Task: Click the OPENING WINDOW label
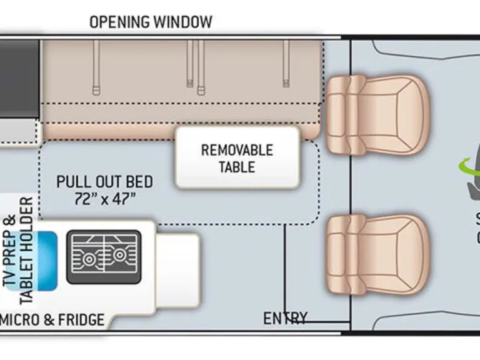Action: (x=151, y=22)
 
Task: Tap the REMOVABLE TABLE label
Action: (x=236, y=158)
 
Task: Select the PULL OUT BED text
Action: (x=104, y=182)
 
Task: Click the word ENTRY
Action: (x=285, y=318)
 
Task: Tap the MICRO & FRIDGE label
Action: (x=52, y=320)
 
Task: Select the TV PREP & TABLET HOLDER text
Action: (x=19, y=242)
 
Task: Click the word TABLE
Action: (x=236, y=167)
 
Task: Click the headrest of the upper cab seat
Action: (x=337, y=114)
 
